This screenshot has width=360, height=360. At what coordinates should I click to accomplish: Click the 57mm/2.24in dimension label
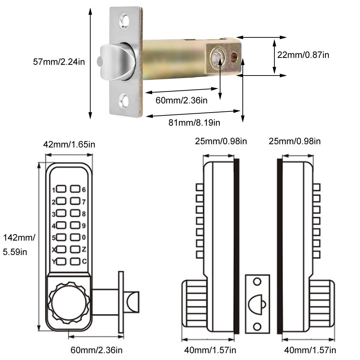(59, 62)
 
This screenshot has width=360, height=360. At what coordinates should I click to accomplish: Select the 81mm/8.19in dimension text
(194, 123)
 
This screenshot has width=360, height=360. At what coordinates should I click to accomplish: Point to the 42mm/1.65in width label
(69, 145)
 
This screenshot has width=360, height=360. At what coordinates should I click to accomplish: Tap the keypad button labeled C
(75, 261)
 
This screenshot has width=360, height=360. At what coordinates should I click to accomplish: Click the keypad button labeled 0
(75, 237)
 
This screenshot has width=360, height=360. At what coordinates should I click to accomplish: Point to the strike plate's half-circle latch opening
(256, 304)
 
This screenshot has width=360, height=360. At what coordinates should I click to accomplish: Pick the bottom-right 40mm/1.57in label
(310, 350)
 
